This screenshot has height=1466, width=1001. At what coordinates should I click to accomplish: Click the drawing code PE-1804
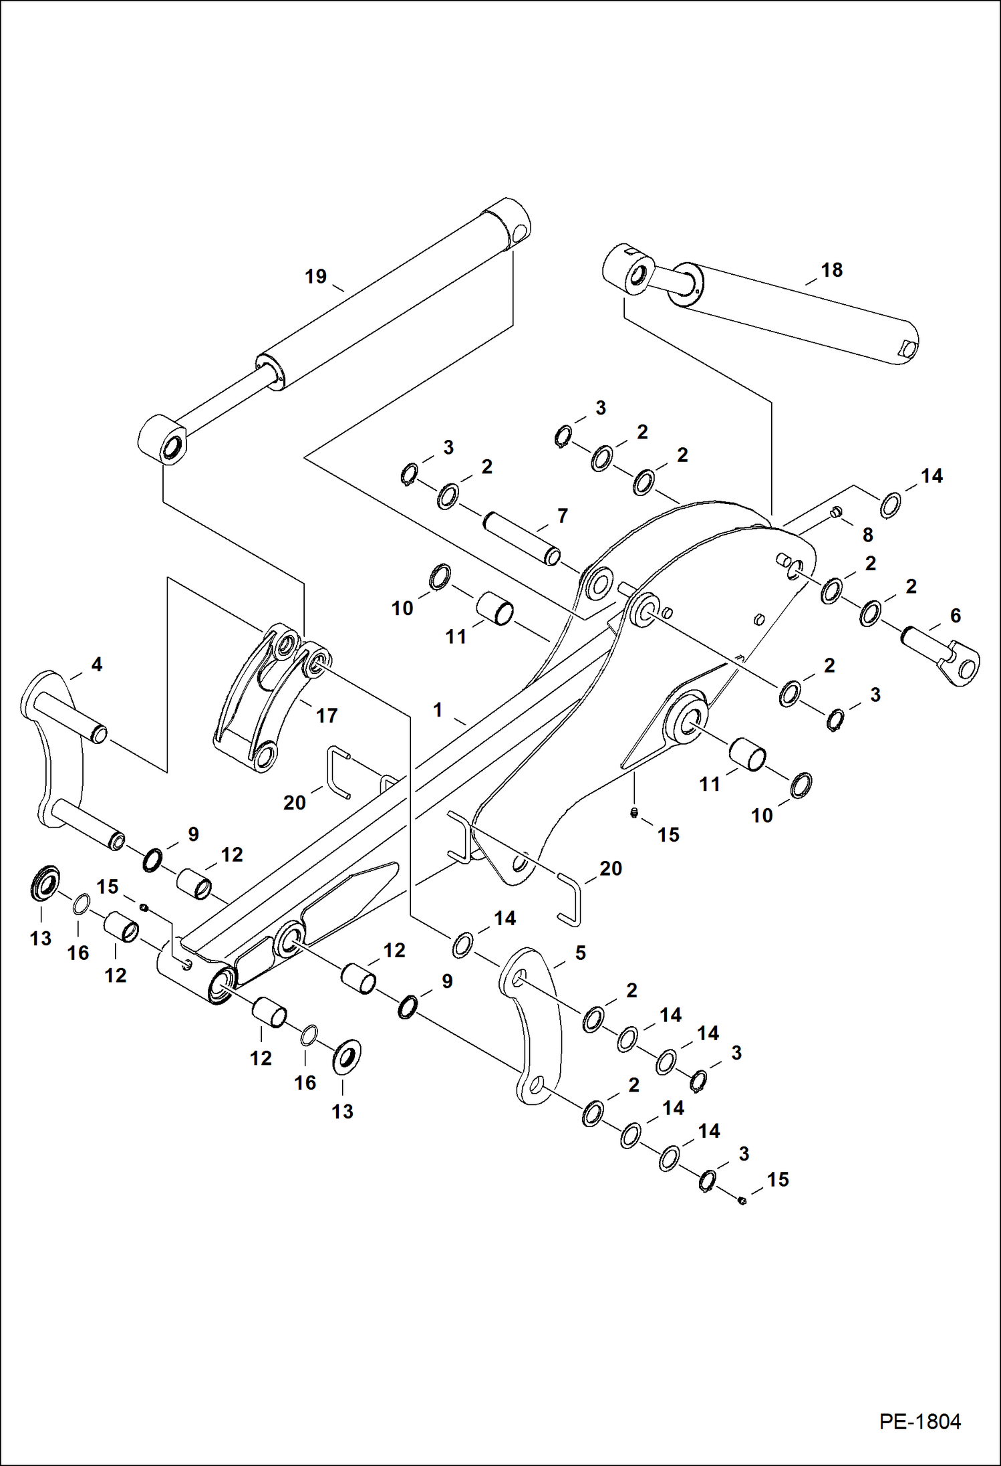919,1422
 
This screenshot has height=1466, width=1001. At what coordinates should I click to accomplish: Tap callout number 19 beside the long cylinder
315,276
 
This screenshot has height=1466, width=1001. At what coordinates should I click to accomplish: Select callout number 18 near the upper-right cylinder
831,270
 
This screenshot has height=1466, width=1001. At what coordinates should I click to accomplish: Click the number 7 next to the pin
562,515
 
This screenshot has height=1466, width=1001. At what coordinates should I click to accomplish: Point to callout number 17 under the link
326,716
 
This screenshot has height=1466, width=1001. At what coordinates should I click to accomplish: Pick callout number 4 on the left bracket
96,664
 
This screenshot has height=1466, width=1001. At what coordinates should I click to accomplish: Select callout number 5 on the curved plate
580,953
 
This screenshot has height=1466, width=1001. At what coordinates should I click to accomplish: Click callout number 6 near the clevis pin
955,616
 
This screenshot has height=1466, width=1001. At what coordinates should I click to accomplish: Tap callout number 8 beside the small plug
867,535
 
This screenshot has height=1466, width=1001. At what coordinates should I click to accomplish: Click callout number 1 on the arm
438,710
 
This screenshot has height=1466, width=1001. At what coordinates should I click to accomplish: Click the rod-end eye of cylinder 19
164,439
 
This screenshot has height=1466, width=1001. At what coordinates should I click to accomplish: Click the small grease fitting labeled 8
835,513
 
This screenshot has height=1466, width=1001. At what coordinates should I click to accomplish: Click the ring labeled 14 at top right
890,505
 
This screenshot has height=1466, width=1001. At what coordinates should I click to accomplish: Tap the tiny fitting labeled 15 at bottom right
742,1201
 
